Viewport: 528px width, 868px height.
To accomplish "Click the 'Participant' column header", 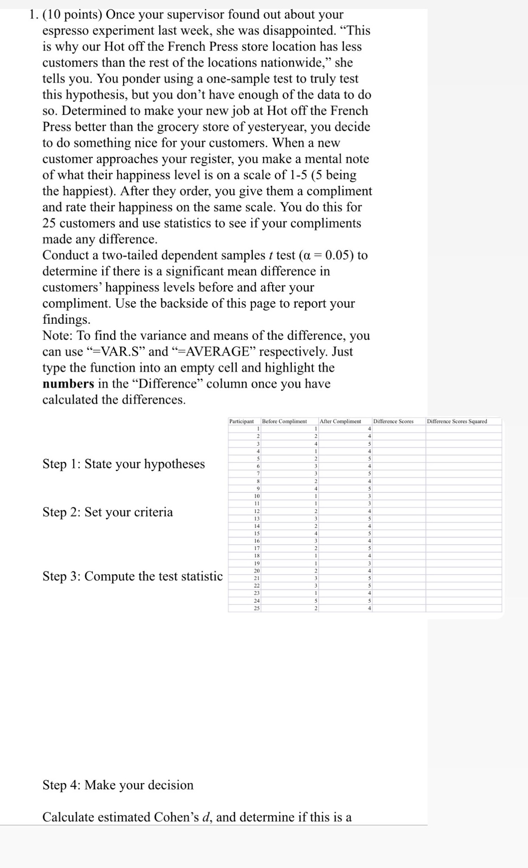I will pos(241,421).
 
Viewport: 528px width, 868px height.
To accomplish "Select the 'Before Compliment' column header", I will pos(284,421).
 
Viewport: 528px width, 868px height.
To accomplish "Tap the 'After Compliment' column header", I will pos(340,421).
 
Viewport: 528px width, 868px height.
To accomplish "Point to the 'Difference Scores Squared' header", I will pos(457,421).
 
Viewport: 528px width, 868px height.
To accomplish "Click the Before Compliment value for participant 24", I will pos(316,601).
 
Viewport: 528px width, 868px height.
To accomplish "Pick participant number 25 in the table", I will pos(257,608).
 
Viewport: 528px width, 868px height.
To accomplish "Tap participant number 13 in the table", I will pos(257,519).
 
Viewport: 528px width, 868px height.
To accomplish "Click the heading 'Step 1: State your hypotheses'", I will pos(123,464).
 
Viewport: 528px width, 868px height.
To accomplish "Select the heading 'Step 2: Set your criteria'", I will pos(107,512).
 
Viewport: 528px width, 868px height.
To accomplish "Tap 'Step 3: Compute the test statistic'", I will pos(132,576).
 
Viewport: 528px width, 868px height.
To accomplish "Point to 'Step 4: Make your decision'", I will pos(118,785).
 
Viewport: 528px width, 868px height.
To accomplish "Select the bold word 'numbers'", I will pos(68,384).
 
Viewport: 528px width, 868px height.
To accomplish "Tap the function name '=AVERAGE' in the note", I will pos(213,352).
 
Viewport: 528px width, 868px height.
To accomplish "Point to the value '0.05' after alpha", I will pos(339,255).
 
